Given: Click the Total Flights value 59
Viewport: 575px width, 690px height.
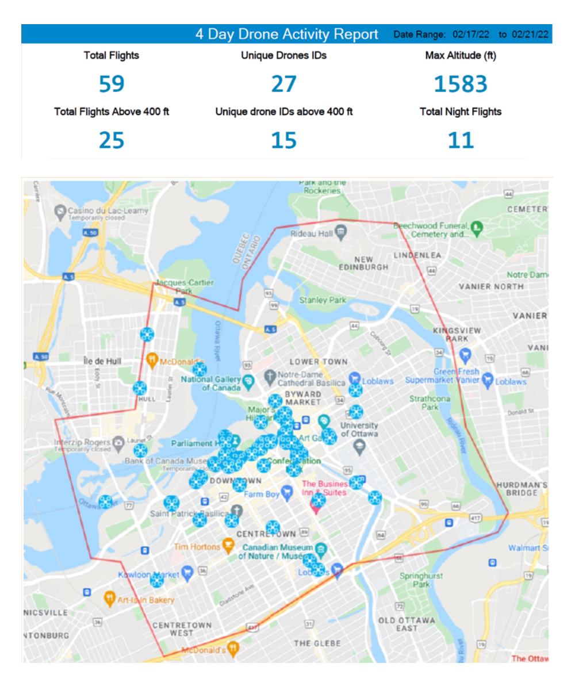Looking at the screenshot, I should (x=112, y=84).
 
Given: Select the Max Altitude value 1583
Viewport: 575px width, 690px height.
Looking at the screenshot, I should (x=461, y=84).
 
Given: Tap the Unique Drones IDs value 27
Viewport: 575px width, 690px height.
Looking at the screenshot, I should (x=283, y=84).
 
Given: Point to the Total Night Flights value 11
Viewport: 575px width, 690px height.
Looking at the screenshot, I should (x=461, y=140).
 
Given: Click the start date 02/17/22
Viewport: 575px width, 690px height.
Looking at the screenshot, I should (x=470, y=34).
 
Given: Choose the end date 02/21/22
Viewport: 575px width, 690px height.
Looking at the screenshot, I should (x=530, y=34).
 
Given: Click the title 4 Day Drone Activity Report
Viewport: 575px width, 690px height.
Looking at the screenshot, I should (x=286, y=34).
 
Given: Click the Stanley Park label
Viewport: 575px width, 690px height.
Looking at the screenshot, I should (x=323, y=300).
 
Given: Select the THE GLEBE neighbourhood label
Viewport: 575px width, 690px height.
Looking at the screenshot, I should (x=317, y=643).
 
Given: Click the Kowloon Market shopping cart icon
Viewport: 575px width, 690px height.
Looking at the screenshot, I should (x=186, y=572).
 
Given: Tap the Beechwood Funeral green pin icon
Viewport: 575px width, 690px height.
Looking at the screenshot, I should (x=477, y=228).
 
